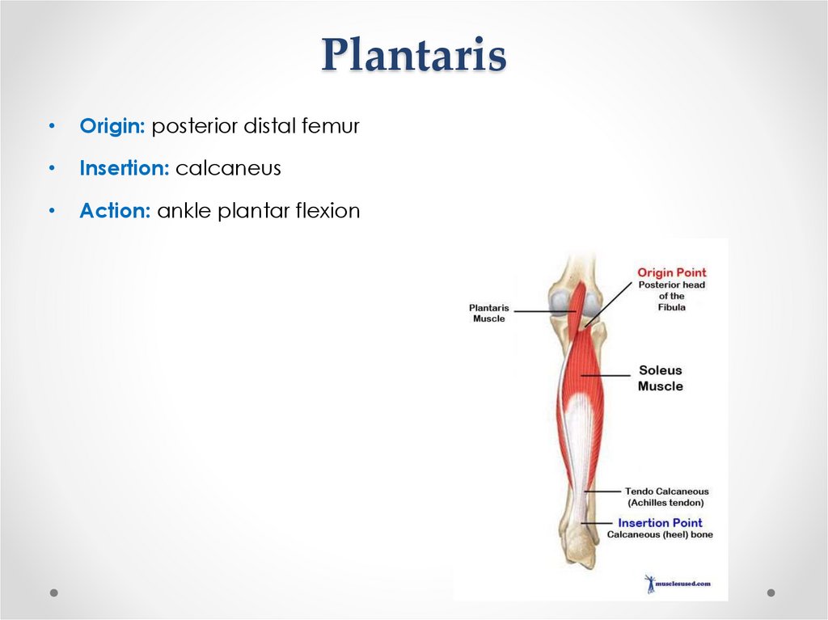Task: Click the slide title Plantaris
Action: pos(413,56)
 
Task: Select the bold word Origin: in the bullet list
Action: pos(112,126)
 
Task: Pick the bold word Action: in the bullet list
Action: pos(115,211)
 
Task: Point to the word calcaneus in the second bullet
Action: pos(228,168)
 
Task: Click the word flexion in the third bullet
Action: pos(327,211)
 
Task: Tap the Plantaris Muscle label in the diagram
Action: pos(489,313)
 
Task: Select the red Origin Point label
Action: pos(672,273)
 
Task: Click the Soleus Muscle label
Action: pos(660,378)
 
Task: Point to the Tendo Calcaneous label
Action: pos(666,491)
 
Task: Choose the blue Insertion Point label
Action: pos(660,523)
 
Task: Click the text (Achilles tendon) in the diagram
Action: pos(665,503)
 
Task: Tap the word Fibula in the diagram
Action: pos(672,308)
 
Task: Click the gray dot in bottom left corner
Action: pos(54,593)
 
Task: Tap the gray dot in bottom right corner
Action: pos(771,593)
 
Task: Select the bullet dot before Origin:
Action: pos(52,127)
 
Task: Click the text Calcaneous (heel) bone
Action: pos(660,535)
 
